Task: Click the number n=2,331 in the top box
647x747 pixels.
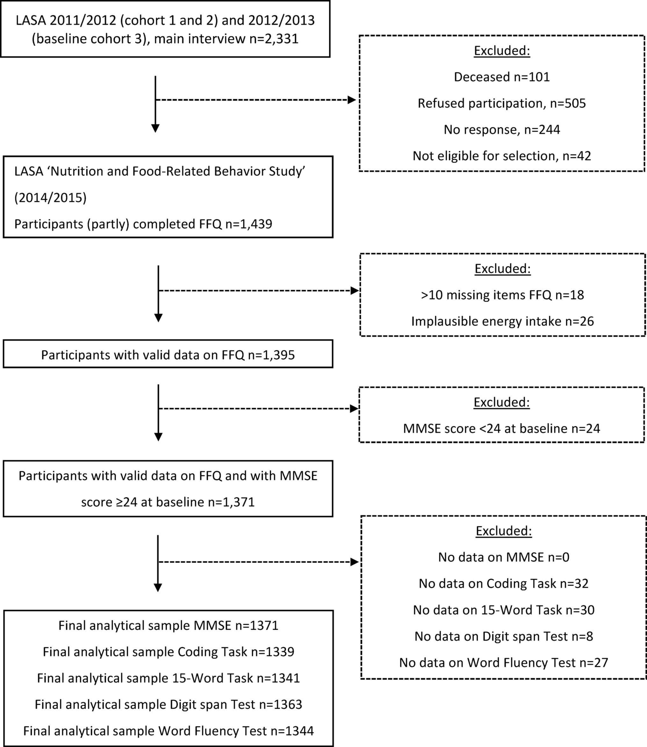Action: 274,39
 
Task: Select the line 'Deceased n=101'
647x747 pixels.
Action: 501,77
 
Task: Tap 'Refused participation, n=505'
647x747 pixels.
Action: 501,103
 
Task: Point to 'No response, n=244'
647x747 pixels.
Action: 501,130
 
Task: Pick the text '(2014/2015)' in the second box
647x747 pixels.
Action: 51,198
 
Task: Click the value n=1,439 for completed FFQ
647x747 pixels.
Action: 249,224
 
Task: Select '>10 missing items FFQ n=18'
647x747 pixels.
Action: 502,295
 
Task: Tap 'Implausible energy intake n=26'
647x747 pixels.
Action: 502,321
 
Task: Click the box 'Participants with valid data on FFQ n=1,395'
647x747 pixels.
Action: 168,355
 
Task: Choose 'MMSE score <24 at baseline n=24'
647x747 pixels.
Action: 501,428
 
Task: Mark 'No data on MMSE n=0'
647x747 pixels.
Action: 503,557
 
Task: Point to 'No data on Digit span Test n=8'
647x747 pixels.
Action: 503,636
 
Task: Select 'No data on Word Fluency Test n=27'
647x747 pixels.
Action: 503,663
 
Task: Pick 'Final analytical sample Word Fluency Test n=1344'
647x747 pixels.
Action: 168,731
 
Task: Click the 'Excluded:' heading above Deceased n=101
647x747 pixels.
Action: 501,51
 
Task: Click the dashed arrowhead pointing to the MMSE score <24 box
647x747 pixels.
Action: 354,409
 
